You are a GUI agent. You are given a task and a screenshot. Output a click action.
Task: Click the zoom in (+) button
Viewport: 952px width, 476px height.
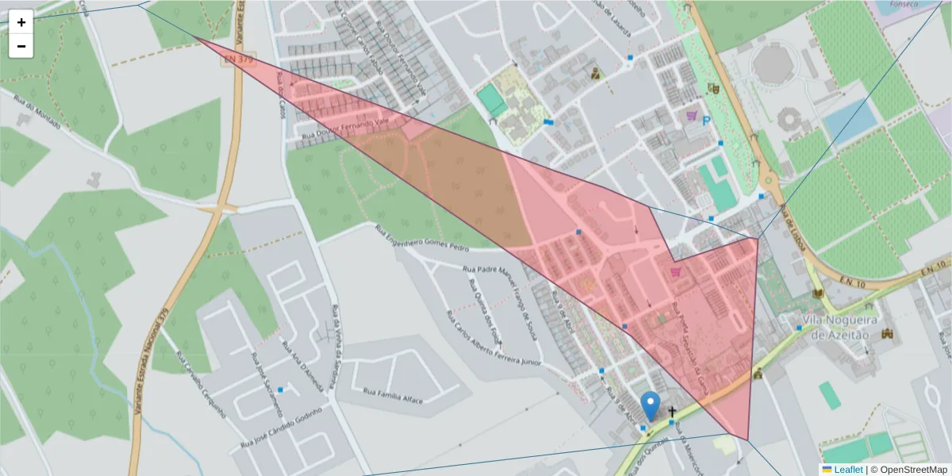pyautogui.click(x=21, y=22)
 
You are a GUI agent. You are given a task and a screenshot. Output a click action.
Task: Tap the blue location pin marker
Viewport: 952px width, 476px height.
pyautogui.click(x=651, y=405)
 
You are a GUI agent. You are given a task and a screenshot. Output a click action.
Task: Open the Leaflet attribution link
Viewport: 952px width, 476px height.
pyautogui.click(x=848, y=470)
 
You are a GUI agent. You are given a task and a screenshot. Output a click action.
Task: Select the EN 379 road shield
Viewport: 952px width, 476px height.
pyautogui.click(x=232, y=60)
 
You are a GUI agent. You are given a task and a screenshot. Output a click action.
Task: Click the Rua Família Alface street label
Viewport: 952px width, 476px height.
pyautogui.click(x=393, y=394)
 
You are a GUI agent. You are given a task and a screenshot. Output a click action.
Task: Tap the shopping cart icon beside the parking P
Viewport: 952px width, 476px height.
pyautogui.click(x=691, y=116)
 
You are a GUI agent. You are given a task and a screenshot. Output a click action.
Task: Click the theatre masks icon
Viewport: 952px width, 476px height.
pyautogui.click(x=713, y=89)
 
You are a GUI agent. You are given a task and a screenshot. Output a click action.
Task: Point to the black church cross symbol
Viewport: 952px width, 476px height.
pyautogui.click(x=673, y=412)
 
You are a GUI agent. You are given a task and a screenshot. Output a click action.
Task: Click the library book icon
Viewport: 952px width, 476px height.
pyautogui.click(x=818, y=294)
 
